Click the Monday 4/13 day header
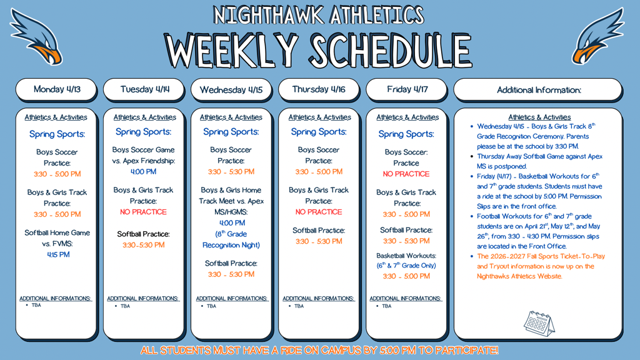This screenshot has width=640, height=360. [x=56, y=89]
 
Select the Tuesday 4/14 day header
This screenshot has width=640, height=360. [x=144, y=89]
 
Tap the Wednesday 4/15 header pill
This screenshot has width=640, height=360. [x=231, y=89]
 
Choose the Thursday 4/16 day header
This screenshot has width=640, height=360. [x=319, y=89]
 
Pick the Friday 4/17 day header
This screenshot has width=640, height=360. [x=407, y=89]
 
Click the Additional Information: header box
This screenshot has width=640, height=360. [x=538, y=90]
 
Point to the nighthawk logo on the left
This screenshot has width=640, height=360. [x=36, y=37]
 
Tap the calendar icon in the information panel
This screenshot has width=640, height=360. [x=539, y=323]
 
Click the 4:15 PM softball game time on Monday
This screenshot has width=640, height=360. [x=58, y=255]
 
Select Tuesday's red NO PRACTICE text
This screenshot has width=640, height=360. [x=143, y=212]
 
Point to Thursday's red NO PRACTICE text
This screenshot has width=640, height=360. [x=319, y=212]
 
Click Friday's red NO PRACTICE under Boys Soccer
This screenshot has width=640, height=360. [x=406, y=174]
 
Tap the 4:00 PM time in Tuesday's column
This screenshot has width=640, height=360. [x=143, y=172]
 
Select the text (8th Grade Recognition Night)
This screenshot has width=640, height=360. [x=231, y=239]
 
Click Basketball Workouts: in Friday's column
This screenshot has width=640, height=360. [x=406, y=256]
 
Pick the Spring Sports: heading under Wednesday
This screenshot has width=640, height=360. [x=231, y=132]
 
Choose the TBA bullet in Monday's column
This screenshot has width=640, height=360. [x=36, y=305]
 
